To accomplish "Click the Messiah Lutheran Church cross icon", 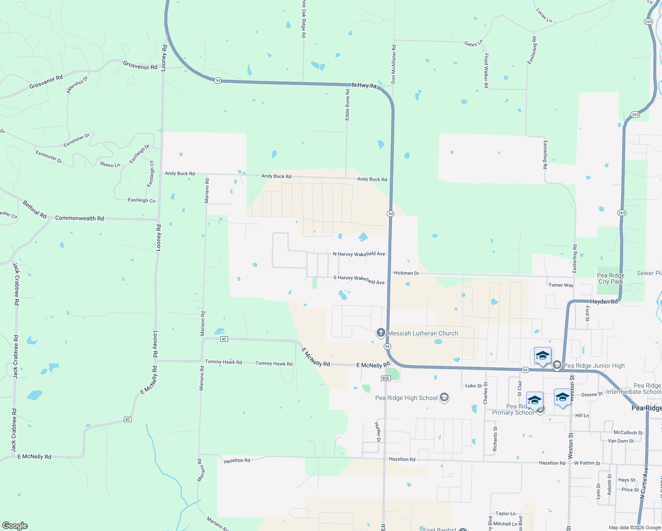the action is [381, 333].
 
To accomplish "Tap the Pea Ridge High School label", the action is [406, 398].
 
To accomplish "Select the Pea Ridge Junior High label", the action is [594, 366].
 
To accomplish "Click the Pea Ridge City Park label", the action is [611, 278].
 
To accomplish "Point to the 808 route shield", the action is [385, 378].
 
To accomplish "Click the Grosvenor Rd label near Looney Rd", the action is [140, 66].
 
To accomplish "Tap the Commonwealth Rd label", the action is [79, 218].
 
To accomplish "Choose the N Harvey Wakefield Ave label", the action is [359, 254].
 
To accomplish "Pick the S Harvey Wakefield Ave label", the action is [359, 280].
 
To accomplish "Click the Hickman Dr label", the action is [406, 273].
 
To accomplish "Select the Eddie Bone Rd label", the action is [347, 104].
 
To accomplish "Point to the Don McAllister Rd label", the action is [393, 64].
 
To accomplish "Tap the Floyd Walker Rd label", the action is [486, 71].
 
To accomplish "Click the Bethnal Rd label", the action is [35, 209].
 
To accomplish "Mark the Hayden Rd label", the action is [604, 301].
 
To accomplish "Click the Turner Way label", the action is [561, 285].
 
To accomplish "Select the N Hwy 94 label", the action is [364, 85].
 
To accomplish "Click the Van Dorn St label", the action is [620, 441].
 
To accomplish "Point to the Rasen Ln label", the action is [110, 165].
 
